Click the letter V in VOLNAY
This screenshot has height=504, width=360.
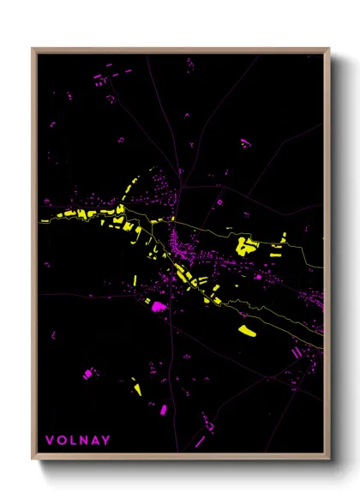50,441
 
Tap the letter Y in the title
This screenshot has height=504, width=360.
105,441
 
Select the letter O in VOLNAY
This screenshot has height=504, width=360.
61,441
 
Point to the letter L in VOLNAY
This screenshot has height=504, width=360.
72,441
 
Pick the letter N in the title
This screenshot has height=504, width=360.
82,441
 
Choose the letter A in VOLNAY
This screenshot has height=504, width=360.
94,441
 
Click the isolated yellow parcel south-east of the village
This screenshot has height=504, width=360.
247,330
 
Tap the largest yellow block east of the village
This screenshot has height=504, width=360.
246,246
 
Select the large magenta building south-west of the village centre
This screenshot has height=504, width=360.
159,308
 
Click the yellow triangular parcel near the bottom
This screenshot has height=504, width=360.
136,387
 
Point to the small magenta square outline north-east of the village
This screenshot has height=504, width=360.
219,201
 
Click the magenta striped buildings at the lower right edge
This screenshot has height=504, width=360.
297,351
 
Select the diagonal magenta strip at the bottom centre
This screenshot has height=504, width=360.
201,441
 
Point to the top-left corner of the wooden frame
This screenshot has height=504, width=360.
33,49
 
